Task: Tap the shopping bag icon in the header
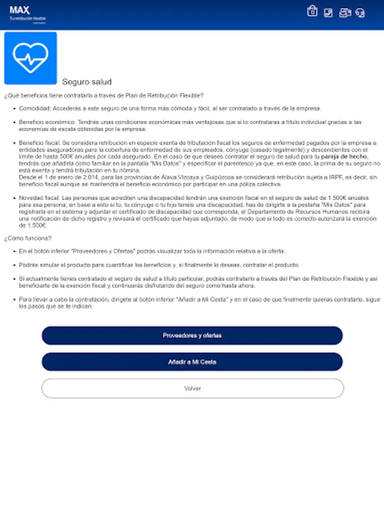[312, 11]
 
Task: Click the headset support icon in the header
[360, 12]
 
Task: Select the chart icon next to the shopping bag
[328, 12]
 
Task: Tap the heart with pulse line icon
[31, 58]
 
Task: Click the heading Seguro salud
[86, 82]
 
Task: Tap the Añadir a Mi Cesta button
[192, 362]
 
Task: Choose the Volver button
[192, 388]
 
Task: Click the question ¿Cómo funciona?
[27, 238]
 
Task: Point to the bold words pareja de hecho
[344, 156]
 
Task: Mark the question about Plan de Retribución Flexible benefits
[104, 95]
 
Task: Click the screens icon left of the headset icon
[345, 12]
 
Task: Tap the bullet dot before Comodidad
[14, 108]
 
